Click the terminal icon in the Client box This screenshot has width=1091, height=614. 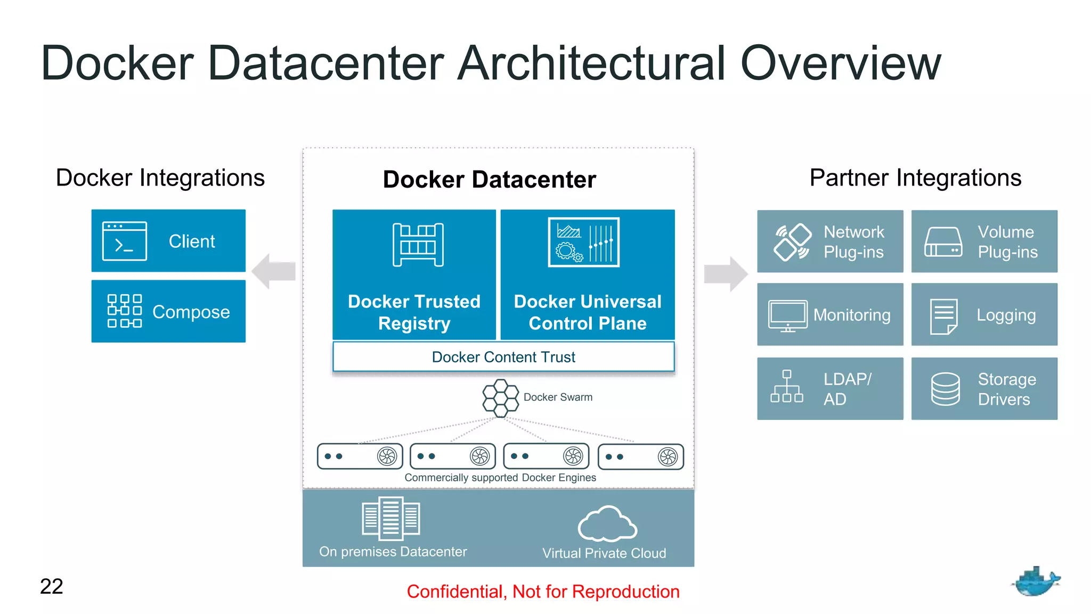[x=124, y=241]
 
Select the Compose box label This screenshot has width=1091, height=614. [x=191, y=312]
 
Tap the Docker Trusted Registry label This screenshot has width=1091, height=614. [x=414, y=312]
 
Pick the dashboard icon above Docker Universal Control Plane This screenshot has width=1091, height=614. [x=583, y=242]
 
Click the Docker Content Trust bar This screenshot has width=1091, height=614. [x=503, y=357]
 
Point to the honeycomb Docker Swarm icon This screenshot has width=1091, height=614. [x=500, y=398]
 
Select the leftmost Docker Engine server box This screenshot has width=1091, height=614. [x=360, y=456]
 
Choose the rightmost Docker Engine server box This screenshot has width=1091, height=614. [x=640, y=457]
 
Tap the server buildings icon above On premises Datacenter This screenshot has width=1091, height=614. [x=390, y=518]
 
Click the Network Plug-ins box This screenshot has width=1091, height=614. [x=830, y=241]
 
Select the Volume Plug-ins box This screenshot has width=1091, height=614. [x=984, y=241]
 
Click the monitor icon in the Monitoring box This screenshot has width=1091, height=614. [x=787, y=316]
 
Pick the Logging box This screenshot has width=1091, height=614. [x=984, y=314]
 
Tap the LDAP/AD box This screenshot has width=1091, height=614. [x=830, y=389]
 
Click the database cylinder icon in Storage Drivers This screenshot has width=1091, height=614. [x=945, y=389]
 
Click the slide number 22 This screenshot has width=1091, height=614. [x=52, y=586]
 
